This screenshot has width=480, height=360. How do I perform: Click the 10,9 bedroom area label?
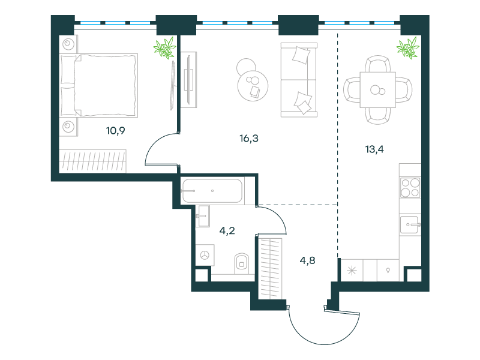(x=115, y=131)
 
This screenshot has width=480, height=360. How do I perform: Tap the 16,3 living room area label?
(x=249, y=139)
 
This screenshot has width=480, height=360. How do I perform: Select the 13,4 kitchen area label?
(x=374, y=149)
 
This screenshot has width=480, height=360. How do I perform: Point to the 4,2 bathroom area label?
(x=227, y=230)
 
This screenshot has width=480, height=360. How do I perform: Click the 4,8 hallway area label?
(x=307, y=260)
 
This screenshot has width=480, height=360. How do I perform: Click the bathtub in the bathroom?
(x=212, y=191)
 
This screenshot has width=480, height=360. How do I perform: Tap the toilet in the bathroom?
(x=242, y=263)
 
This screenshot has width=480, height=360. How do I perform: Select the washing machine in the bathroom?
(x=205, y=254)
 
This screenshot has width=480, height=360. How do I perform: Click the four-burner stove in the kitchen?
(x=410, y=188)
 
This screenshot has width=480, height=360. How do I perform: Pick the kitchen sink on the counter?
(x=410, y=224)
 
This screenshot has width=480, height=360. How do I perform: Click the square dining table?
(x=378, y=90)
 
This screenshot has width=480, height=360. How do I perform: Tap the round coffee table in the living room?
(x=253, y=85)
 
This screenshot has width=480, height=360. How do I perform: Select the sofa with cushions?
(x=299, y=80)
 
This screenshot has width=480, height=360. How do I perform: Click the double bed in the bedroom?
(x=98, y=85)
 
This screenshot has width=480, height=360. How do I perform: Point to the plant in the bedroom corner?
(x=165, y=48)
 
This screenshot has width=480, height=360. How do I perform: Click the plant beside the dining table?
(x=408, y=48)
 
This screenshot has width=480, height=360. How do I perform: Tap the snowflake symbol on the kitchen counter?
(x=352, y=271)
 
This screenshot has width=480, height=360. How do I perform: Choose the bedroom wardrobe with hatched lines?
(x=93, y=161)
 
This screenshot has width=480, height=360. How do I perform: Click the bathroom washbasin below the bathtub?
(x=202, y=216)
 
